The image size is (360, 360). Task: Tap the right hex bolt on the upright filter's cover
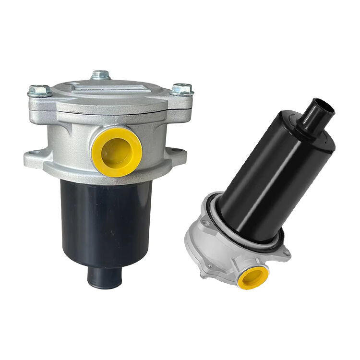[x=182, y=89]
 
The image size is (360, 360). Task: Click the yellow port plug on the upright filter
[x=117, y=151]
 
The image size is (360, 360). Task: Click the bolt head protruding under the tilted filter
[x=204, y=276]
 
